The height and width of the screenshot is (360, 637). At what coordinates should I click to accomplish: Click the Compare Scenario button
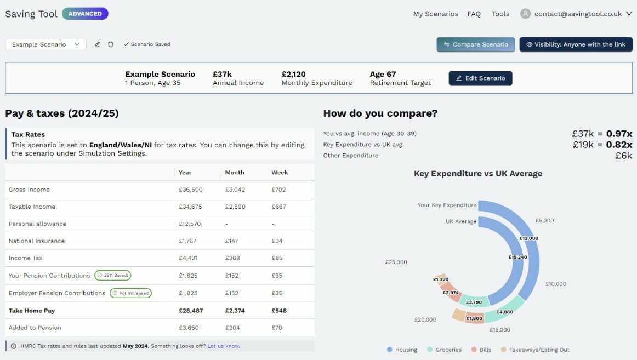(475, 44)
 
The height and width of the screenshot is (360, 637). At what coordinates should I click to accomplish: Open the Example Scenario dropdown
(46, 44)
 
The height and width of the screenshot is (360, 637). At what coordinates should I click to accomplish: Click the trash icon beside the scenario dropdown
(110, 44)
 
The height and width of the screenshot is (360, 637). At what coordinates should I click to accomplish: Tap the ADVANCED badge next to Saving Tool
(85, 14)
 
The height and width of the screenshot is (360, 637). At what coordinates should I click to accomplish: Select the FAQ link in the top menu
(474, 14)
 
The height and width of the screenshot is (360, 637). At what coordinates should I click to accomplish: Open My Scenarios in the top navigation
(435, 14)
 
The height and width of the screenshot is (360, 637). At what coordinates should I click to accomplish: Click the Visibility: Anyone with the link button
(576, 44)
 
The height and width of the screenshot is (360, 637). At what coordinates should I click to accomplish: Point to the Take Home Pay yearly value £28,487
(191, 311)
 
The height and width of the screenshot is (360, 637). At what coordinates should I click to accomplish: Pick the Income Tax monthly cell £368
(233, 258)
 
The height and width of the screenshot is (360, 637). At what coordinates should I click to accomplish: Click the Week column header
(280, 172)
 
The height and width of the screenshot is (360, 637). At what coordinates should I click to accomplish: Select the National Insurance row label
(37, 241)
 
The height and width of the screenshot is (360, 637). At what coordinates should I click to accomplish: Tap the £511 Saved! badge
(113, 275)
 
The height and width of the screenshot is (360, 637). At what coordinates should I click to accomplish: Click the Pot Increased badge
(130, 293)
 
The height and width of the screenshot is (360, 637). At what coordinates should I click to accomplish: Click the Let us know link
(224, 346)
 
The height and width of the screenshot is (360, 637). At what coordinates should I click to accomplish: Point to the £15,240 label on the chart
(517, 257)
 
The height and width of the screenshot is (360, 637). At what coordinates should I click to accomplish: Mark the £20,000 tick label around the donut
(425, 319)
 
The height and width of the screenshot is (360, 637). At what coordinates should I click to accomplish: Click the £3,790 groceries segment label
(474, 302)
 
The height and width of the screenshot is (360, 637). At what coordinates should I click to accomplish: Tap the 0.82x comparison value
(619, 145)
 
